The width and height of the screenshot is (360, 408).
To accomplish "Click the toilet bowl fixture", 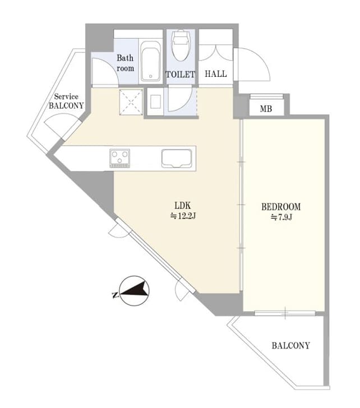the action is pos(181,45).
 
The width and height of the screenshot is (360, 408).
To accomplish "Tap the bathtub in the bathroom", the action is pos(150,61).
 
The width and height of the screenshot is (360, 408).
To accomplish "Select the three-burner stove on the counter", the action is pos(120,158).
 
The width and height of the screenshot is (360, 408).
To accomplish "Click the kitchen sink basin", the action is pos(177,159).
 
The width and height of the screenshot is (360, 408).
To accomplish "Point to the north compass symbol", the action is pos(134,291).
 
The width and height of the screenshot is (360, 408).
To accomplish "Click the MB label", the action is pos(266,109).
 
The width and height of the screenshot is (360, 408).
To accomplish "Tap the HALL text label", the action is pos(215,74).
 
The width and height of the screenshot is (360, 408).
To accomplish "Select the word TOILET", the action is pos(181,75).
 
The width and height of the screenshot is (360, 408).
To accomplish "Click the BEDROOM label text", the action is pos(281,207).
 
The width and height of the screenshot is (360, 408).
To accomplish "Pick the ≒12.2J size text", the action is pos(183,216).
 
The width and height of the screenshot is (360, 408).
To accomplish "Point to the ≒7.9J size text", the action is pos(281,217).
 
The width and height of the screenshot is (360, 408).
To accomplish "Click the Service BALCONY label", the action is pos(66,101).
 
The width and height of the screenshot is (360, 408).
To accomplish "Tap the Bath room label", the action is pos(125,63).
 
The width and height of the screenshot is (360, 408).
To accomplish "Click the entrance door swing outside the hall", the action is pos(252,64).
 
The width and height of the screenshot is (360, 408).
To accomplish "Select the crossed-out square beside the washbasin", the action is pos(131,102).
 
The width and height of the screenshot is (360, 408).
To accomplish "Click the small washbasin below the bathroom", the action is pos(156,101).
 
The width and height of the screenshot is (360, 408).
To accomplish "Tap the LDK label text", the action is pos(182,206).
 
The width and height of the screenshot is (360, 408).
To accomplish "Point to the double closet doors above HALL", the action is pos(215,53).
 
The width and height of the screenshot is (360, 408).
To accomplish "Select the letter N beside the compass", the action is pos(114,295).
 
